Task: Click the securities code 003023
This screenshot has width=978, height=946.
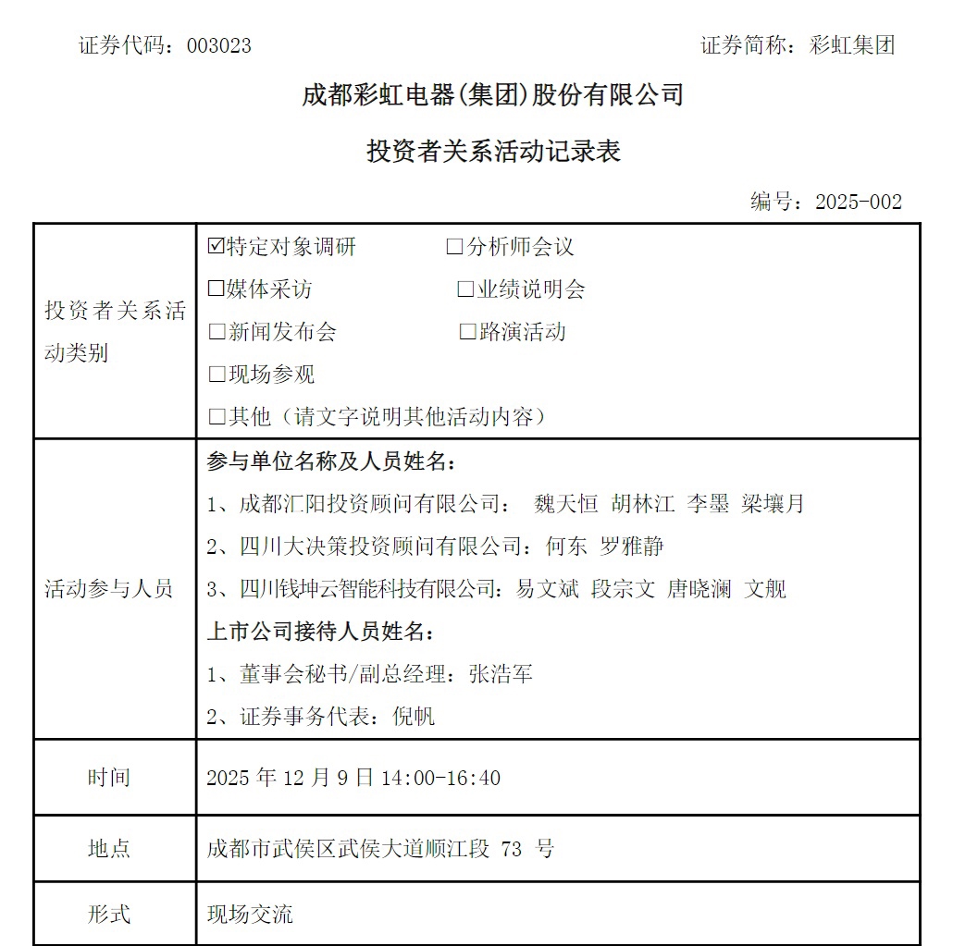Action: (x=218, y=46)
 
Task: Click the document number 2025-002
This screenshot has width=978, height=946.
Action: (x=858, y=203)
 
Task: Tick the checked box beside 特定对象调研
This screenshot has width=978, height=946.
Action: (x=217, y=247)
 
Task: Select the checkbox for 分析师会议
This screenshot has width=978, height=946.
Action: (x=454, y=247)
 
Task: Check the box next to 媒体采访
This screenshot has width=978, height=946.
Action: (x=217, y=289)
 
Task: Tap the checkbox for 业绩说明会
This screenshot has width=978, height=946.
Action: (x=465, y=289)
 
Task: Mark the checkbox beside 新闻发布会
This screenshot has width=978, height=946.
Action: (x=217, y=332)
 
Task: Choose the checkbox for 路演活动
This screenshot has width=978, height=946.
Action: (x=467, y=332)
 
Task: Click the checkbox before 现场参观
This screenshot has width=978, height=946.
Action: (x=217, y=375)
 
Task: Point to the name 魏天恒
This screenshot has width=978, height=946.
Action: (x=566, y=504)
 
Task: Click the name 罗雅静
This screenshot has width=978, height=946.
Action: (x=633, y=547)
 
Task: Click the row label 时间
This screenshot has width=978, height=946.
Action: (x=109, y=778)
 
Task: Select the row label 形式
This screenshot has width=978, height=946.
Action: (x=109, y=915)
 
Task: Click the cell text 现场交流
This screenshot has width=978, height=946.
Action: (x=250, y=915)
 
